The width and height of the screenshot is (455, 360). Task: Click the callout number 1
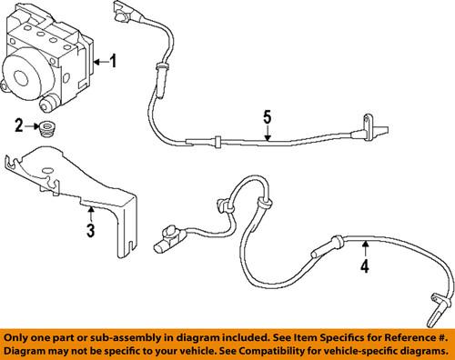pyautogui.click(x=113, y=61)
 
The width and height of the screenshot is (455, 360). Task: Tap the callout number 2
pyautogui.click(x=19, y=125)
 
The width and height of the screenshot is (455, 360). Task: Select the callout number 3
pyautogui.click(x=91, y=230)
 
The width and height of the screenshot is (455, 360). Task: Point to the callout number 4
pyautogui.click(x=365, y=265)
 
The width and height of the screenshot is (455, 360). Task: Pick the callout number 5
pyautogui.click(x=267, y=117)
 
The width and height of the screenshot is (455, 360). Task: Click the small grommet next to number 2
pyautogui.click(x=47, y=128)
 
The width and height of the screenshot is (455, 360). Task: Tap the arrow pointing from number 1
pyautogui.click(x=101, y=62)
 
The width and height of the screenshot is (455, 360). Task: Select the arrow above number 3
pyautogui.click(x=91, y=214)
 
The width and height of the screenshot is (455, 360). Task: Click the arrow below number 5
pyautogui.click(x=267, y=134)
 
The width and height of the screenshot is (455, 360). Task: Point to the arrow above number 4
pyautogui.click(x=366, y=248)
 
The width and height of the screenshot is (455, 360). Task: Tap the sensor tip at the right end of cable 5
pyautogui.click(x=376, y=128)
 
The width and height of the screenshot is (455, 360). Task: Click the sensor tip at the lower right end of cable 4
pyautogui.click(x=436, y=311)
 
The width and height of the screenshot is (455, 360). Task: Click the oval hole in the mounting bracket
pyautogui.click(x=47, y=171)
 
